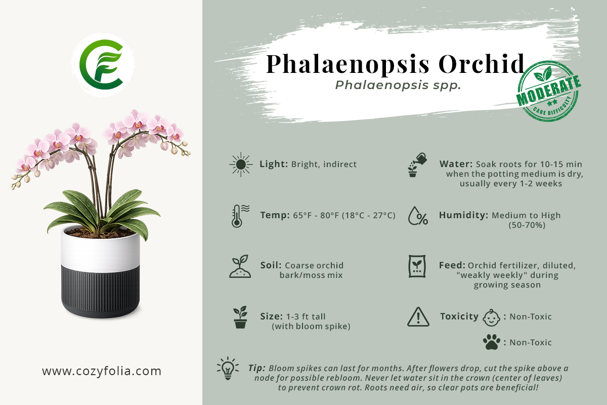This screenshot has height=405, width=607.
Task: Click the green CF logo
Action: point(102,65)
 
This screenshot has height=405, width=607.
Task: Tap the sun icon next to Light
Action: point(241,165)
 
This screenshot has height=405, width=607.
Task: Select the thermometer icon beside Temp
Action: point(240,216)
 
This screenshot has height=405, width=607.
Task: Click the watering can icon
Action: point(417,165)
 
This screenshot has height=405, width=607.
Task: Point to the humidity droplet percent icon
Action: point(418,216)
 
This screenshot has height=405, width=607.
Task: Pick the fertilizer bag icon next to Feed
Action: point(417,266)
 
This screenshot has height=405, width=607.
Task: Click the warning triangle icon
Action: point(418,316)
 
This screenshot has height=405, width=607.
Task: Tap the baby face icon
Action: point(491,317)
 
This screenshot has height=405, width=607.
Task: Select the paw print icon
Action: point(492,342)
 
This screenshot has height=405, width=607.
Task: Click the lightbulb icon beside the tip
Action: point(228,368)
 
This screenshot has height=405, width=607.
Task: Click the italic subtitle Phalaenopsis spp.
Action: point(398,85)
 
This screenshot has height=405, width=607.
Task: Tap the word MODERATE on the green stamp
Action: point(548,90)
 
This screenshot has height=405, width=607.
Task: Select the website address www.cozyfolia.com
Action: point(102,371)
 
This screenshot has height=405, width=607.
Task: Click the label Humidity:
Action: point(463,215)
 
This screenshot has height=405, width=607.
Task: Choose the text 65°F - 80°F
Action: point(316,215)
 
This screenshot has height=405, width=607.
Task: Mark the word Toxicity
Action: point(459,316)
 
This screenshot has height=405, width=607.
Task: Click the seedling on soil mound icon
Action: point(240,266)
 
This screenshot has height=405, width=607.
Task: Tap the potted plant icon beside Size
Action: point(240,317)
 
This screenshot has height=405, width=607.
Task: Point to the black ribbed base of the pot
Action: point(100,291)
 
